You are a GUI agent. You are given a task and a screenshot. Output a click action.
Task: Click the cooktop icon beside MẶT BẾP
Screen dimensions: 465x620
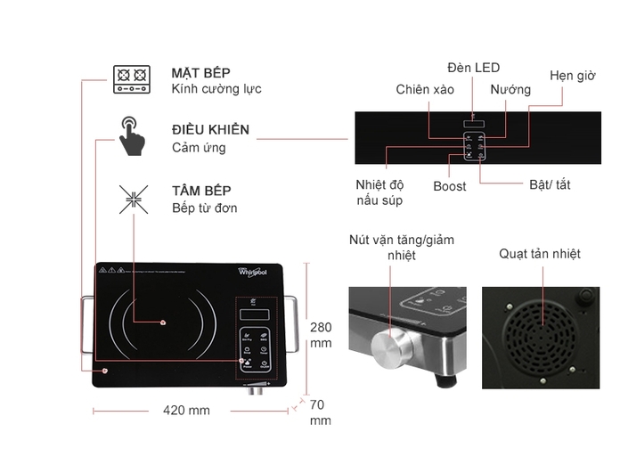coord(132,79)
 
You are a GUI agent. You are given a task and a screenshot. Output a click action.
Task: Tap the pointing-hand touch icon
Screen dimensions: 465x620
coord(132,135)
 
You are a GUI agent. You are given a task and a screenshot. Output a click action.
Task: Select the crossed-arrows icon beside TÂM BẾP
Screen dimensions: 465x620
coord(133,199)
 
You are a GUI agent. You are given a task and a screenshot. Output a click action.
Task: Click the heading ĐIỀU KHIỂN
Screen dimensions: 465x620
coord(210,129)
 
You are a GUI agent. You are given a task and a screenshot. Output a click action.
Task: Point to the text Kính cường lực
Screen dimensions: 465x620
coord(216,89)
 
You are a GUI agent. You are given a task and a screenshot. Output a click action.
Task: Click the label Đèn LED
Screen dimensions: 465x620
coord(473,68)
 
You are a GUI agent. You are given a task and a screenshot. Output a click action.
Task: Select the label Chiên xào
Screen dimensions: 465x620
coord(425,89)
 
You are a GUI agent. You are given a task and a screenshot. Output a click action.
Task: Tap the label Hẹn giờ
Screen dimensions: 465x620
coord(572,76)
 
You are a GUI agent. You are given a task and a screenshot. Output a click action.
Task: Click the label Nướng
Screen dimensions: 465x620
coord(510,89)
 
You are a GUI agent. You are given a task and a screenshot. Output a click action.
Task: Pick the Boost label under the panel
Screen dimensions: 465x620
coord(449,186)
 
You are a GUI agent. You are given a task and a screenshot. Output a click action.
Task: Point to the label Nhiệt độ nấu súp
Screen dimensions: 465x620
coord(379,192)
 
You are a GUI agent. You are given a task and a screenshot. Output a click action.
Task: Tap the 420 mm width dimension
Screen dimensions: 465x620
coord(186,411)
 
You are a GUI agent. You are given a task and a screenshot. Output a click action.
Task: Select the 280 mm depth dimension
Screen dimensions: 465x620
coord(321,335)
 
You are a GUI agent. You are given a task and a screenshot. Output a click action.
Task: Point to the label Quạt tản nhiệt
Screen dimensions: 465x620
coord(540,254)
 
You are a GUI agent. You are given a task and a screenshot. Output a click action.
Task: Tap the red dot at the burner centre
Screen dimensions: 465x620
coord(164,322)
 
